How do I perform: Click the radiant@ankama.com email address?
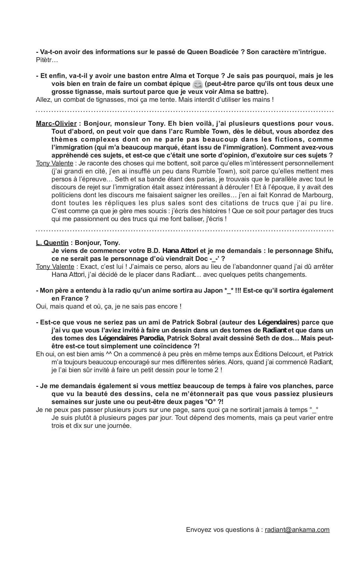point(297,530)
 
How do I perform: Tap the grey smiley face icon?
point(197,84)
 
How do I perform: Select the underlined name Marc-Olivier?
point(56,123)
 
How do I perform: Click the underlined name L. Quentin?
point(52,243)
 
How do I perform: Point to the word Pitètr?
point(45,60)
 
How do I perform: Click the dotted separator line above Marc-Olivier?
point(184,111)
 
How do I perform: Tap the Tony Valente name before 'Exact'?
point(55,267)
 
